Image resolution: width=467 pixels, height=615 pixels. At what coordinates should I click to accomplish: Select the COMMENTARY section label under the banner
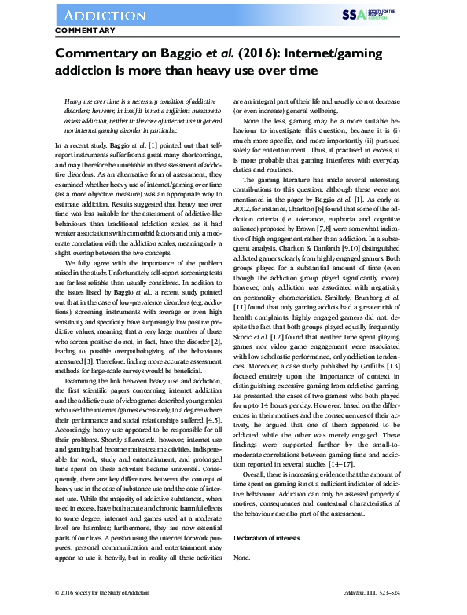point(86,31)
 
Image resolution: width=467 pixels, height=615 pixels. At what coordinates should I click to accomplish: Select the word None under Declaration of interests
point(242,557)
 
